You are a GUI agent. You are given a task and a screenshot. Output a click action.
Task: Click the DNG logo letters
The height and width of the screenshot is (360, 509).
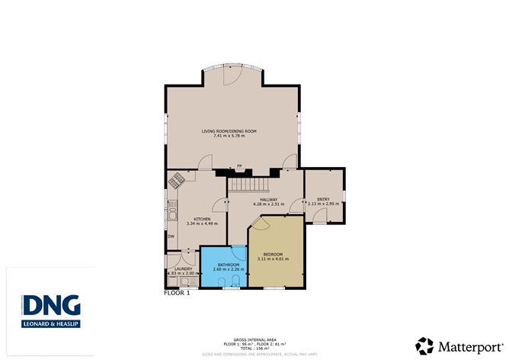(x=51, y=305)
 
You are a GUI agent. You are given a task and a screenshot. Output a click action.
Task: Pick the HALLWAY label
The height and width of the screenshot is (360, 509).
(x=268, y=199)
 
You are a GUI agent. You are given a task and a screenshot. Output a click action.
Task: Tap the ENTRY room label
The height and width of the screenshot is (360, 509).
(x=323, y=199)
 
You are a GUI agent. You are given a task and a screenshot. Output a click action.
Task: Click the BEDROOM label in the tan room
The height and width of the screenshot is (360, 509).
(x=273, y=254)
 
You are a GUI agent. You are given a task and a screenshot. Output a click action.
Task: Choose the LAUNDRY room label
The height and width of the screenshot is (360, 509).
(x=182, y=268)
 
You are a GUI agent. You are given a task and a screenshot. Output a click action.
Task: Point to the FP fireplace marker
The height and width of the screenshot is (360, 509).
(x=239, y=166)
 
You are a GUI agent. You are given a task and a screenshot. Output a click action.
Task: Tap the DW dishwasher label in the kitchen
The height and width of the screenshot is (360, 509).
(x=171, y=236)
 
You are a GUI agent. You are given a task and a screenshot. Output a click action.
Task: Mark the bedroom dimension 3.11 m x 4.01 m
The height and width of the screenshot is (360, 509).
(x=273, y=259)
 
